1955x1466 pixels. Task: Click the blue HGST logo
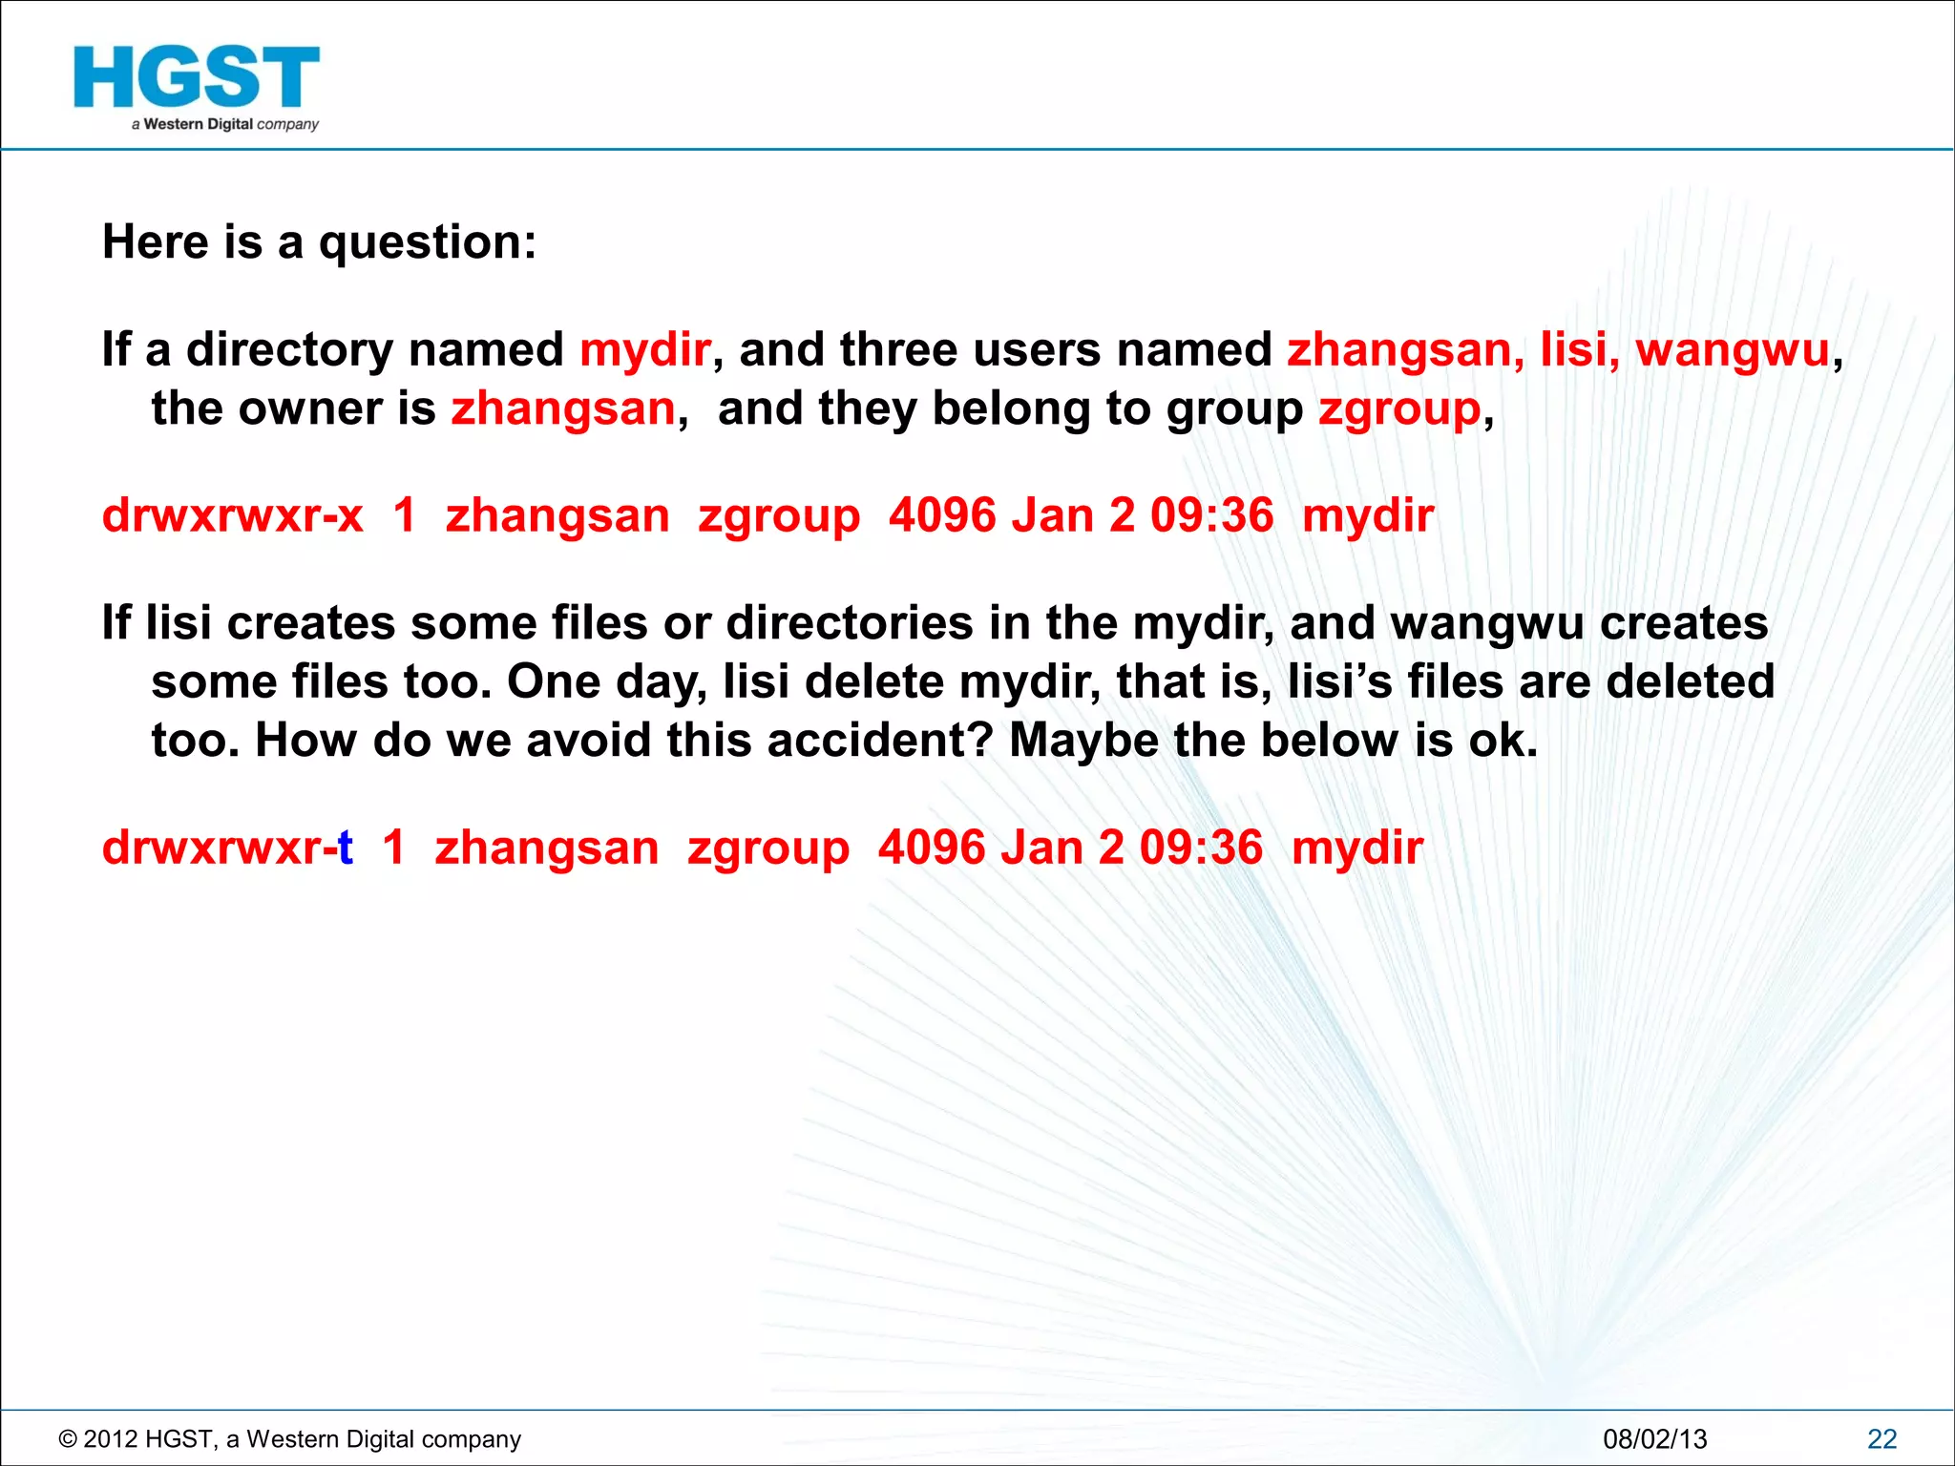pos(196,77)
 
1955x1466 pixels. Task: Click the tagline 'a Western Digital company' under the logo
pos(225,124)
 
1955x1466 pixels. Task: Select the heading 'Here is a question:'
pos(319,241)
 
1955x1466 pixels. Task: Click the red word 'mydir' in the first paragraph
pos(645,349)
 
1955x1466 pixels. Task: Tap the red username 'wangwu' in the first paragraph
pos(1733,349)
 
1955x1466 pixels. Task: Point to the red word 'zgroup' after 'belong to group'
pos(1399,409)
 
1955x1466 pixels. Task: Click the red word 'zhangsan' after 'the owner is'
pos(563,409)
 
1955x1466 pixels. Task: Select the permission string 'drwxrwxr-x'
pos(233,516)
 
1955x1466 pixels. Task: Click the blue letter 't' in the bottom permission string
pos(346,848)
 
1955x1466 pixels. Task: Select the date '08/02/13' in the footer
pos(1654,1439)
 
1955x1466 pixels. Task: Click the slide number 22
pos(1881,1439)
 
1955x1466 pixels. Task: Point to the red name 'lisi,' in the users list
pos(1580,349)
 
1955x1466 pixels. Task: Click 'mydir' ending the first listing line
pos(1368,516)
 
